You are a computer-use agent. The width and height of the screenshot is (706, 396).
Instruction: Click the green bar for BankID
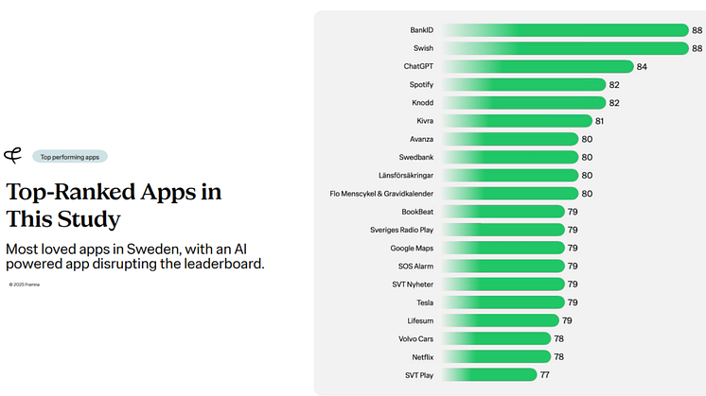[x=568, y=30]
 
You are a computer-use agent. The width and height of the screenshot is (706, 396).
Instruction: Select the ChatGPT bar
[x=539, y=66]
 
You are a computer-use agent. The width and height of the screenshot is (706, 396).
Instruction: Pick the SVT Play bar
[x=492, y=374]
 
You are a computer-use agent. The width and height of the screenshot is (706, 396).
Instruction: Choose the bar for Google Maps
[x=506, y=248]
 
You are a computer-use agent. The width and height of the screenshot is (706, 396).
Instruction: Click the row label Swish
[x=423, y=48]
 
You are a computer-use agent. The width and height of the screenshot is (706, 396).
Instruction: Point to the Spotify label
[x=421, y=85]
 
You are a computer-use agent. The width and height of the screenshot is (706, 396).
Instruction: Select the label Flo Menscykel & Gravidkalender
[x=381, y=194]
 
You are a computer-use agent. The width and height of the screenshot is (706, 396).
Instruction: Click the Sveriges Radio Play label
[x=401, y=230]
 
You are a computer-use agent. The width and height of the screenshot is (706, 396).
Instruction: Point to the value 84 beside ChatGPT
[x=642, y=67]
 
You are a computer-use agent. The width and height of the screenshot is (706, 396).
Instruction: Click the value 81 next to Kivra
[x=600, y=121]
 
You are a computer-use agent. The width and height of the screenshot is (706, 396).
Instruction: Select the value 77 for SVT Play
[x=545, y=375]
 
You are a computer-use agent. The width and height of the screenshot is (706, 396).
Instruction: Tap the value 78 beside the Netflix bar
[x=559, y=357]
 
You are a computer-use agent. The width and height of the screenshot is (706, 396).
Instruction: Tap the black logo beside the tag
[x=13, y=156]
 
